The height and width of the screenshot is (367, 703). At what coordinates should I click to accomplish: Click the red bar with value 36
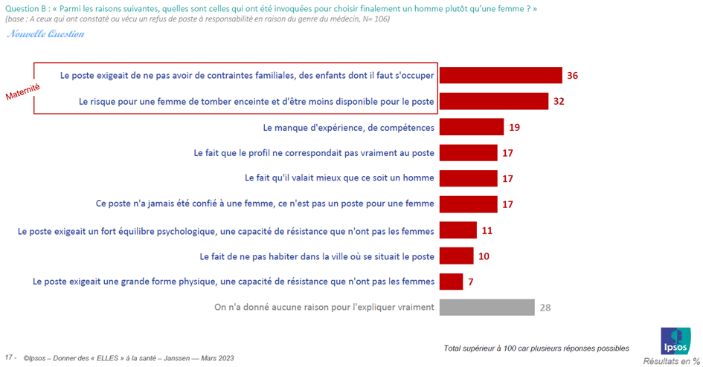click(500, 76)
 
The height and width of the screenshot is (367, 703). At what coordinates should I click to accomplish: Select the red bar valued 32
click(494, 101)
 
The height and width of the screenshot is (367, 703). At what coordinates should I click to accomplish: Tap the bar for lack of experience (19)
click(472, 127)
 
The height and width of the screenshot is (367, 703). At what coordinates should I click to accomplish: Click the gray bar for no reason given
click(487, 307)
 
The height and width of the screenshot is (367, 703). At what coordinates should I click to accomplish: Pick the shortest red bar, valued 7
click(452, 282)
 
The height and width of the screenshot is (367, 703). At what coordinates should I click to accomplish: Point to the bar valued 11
click(458, 230)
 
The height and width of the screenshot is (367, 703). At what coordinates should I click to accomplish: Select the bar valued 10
click(457, 256)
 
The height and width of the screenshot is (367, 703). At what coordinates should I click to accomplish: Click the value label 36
click(572, 76)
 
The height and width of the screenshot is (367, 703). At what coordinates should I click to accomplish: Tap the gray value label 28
click(545, 307)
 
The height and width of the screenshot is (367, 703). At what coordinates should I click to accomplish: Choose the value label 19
click(514, 127)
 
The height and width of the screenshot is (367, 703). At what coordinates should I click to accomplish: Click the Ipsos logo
click(675, 341)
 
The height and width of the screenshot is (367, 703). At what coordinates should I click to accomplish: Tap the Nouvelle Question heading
click(45, 33)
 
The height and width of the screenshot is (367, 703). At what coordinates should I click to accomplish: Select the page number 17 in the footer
click(10, 358)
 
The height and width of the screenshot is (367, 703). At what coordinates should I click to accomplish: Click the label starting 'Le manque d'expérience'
click(349, 127)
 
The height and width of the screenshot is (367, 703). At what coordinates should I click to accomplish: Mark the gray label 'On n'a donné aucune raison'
click(324, 307)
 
